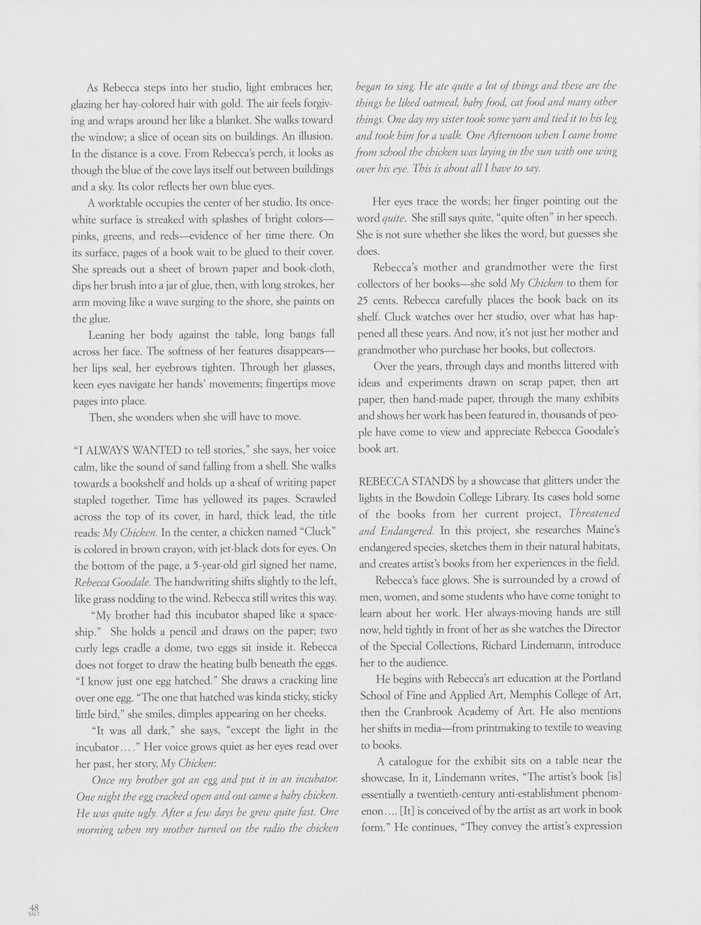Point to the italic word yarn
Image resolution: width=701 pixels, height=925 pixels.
[508, 119]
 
